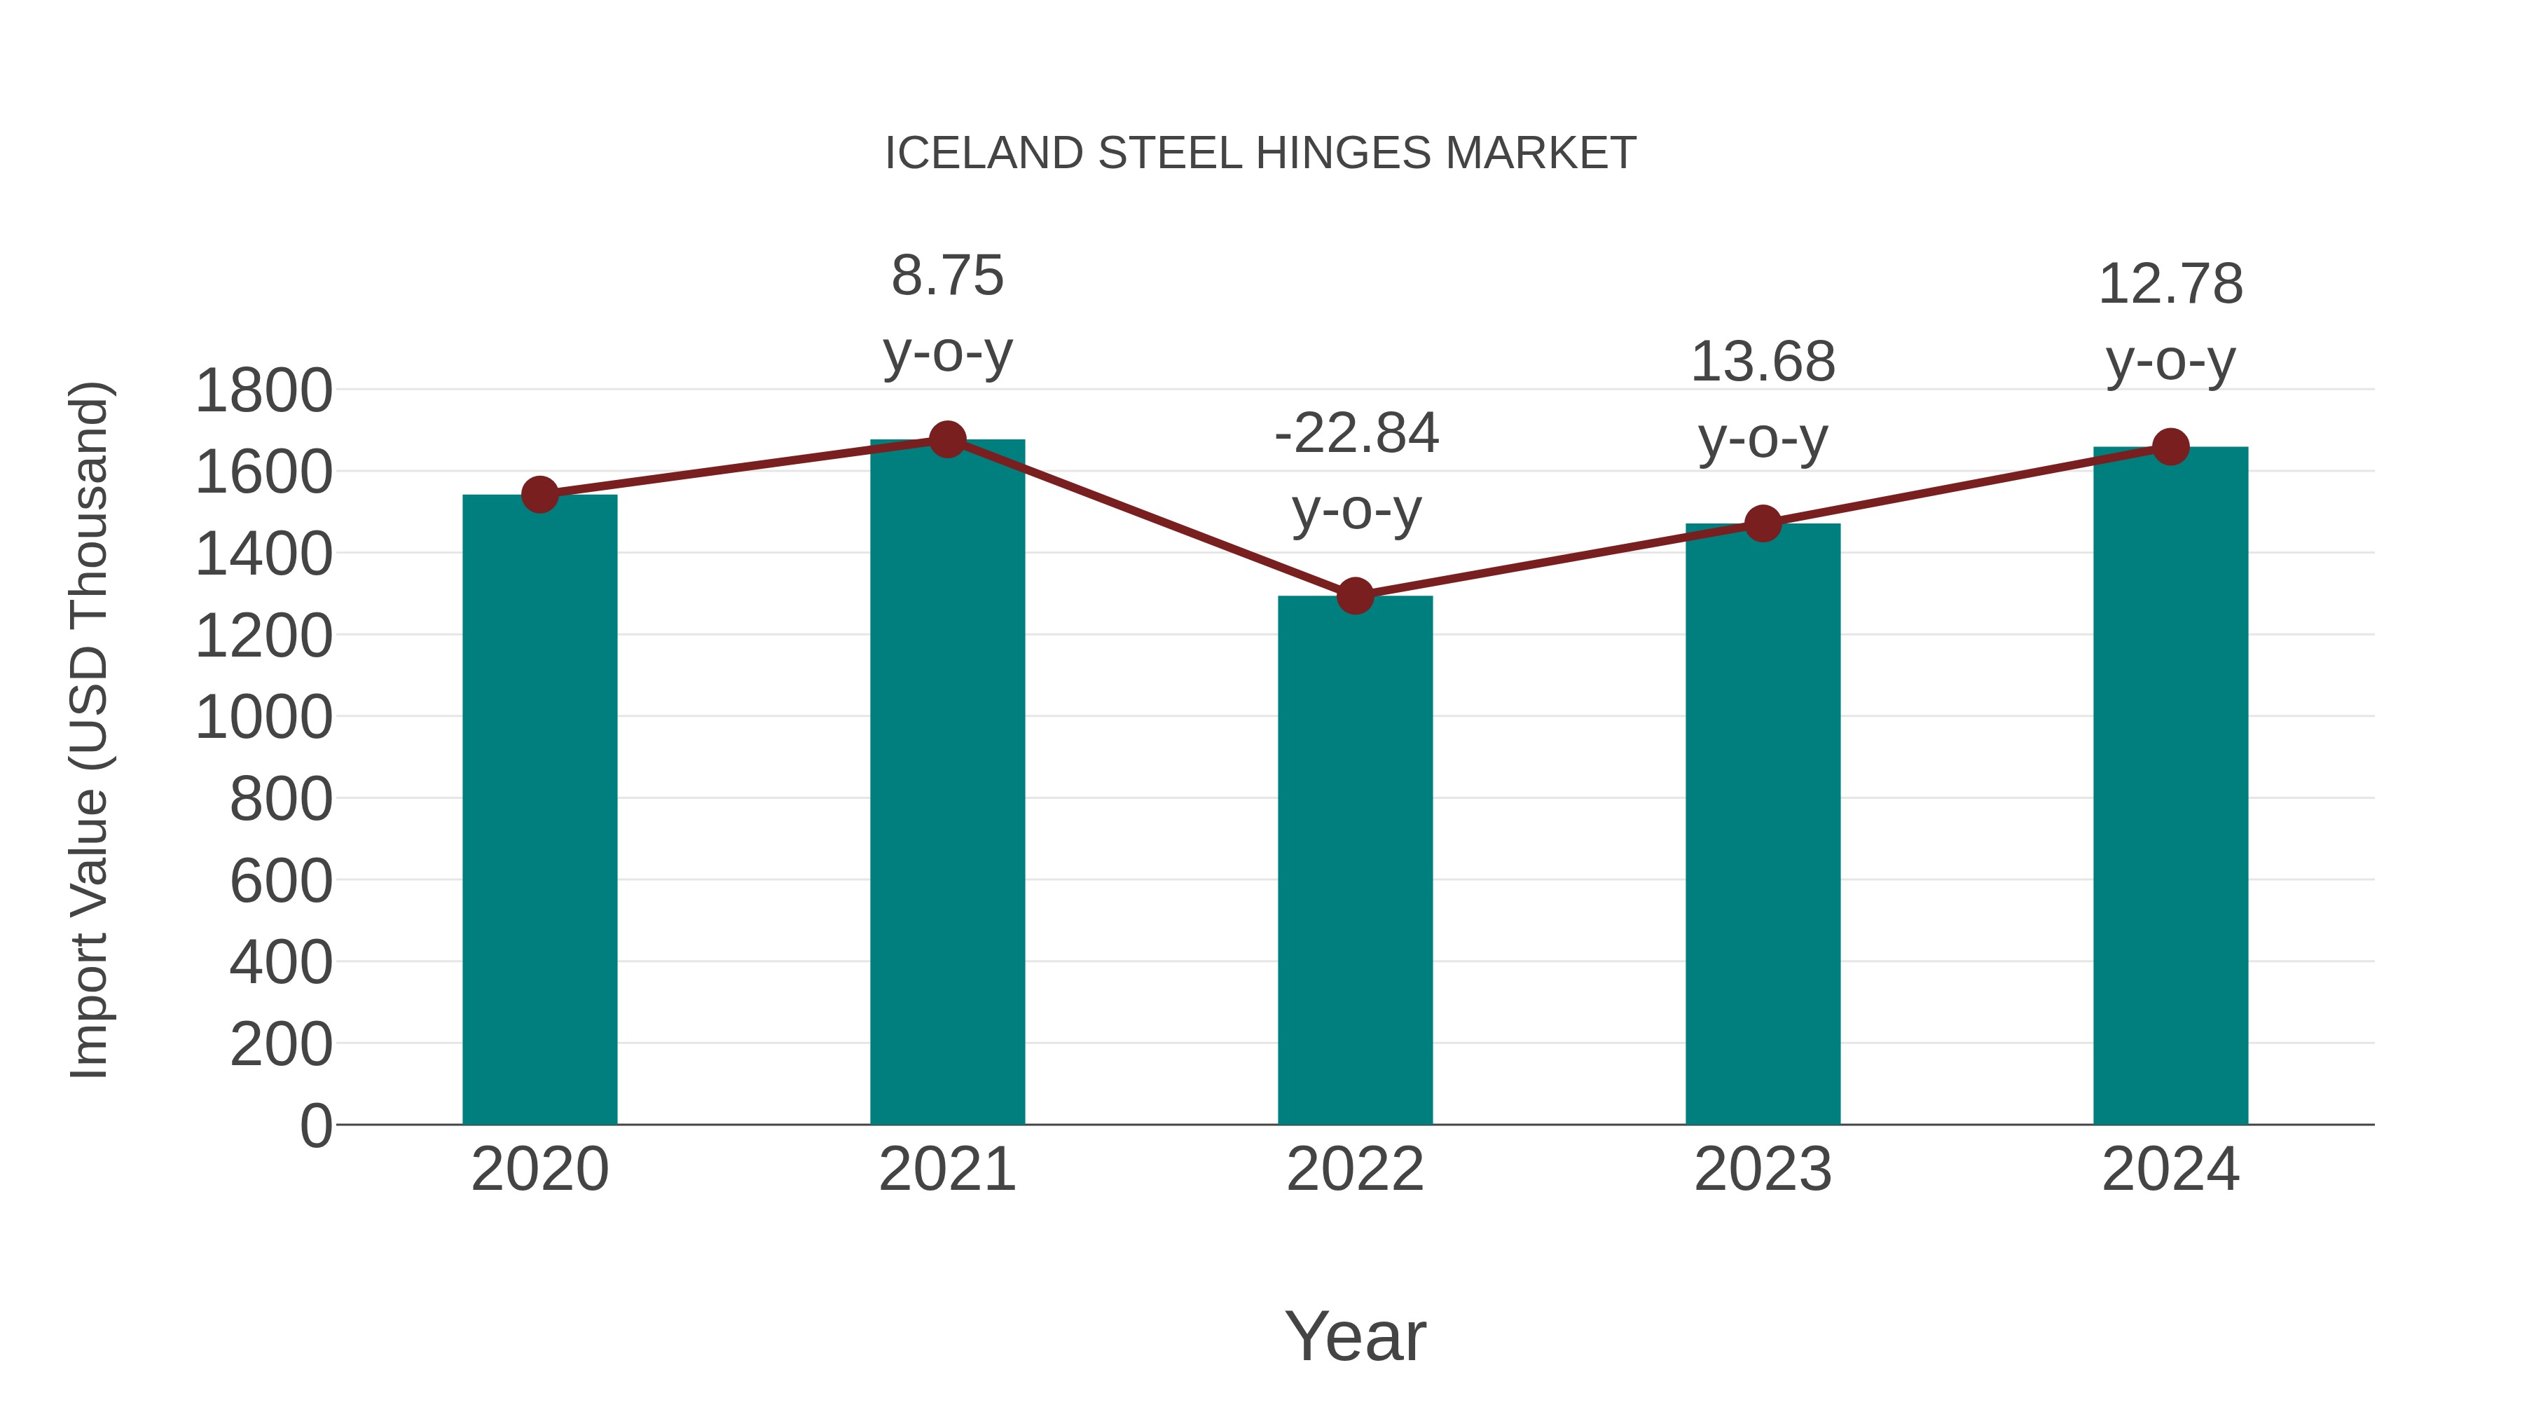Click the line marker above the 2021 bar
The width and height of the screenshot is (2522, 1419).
point(946,439)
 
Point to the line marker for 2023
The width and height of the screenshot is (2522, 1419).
point(1763,524)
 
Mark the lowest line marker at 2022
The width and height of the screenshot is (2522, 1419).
point(1355,596)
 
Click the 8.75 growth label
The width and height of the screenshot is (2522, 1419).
point(946,275)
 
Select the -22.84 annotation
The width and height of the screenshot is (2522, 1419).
point(1356,433)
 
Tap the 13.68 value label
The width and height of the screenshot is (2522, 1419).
point(1763,362)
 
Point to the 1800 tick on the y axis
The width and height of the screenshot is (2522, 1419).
point(263,391)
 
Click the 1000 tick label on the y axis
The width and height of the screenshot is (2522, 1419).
point(263,718)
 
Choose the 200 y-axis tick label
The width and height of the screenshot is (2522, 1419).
point(280,1044)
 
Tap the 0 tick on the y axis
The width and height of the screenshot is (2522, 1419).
point(315,1125)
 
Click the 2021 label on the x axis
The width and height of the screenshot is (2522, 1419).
point(946,1170)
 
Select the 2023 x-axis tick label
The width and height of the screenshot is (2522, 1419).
point(1763,1170)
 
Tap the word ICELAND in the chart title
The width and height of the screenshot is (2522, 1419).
point(984,153)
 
